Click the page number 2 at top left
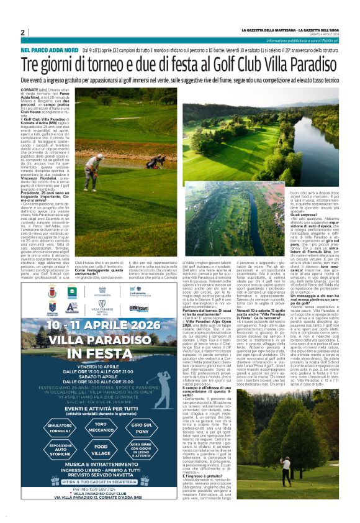[23, 32]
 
